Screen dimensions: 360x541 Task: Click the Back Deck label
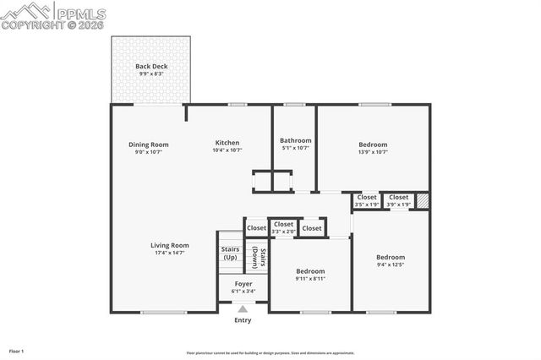pyautogui.click(x=152, y=67)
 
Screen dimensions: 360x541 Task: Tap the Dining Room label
pyautogui.click(x=149, y=145)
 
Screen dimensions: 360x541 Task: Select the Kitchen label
pyautogui.click(x=227, y=143)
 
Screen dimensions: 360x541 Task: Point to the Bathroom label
pyautogui.click(x=296, y=140)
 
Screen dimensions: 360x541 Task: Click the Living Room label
pyautogui.click(x=170, y=246)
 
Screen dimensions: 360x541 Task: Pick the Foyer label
pyautogui.click(x=243, y=284)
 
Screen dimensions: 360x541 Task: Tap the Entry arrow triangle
pyautogui.click(x=243, y=309)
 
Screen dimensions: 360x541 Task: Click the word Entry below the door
pyautogui.click(x=243, y=320)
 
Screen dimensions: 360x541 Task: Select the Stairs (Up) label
pyautogui.click(x=230, y=253)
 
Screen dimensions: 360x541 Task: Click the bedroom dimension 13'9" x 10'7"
pyautogui.click(x=373, y=152)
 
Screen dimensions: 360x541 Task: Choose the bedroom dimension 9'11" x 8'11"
pyautogui.click(x=310, y=279)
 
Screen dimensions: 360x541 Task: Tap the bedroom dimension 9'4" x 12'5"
pyautogui.click(x=391, y=265)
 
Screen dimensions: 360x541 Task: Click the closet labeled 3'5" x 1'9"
pyautogui.click(x=367, y=205)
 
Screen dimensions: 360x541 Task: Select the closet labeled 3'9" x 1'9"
pyautogui.click(x=398, y=205)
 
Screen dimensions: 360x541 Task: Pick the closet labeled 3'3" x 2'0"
pyautogui.click(x=284, y=232)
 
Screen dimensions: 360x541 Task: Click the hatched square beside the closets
pyautogui.click(x=423, y=201)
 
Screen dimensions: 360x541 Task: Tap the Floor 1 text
pyautogui.click(x=17, y=351)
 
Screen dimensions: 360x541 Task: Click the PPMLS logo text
pyautogui.click(x=81, y=13)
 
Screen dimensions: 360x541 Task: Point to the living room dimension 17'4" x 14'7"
pyautogui.click(x=170, y=253)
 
